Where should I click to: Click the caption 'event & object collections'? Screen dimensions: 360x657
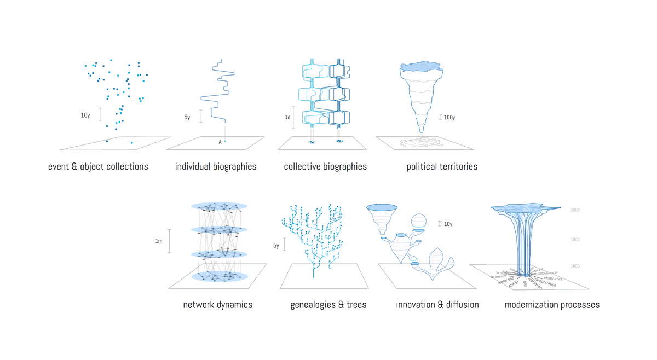tap(98, 166)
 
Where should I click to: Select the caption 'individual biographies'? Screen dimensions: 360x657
tap(216, 166)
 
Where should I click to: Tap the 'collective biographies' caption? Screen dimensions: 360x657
tap(325, 166)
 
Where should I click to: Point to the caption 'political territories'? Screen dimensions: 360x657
tap(442, 166)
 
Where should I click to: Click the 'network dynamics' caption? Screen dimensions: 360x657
tap(217, 305)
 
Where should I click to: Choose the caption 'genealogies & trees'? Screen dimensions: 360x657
tap(328, 305)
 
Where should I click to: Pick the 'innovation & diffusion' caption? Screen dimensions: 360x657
tap(437, 305)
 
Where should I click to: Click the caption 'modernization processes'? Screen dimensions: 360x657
tap(552, 305)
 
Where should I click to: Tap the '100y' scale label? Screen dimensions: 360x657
tap(449, 118)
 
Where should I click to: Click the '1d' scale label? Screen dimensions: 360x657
tap(287, 118)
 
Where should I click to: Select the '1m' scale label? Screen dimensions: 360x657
tap(159, 241)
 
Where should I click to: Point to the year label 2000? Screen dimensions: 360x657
tap(575, 210)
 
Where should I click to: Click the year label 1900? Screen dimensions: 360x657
tap(575, 240)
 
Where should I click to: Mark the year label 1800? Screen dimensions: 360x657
tap(575, 266)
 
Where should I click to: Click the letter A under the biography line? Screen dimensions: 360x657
tap(220, 142)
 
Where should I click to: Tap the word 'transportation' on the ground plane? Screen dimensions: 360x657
tap(544, 283)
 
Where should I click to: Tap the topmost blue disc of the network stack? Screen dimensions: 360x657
tap(219, 206)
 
